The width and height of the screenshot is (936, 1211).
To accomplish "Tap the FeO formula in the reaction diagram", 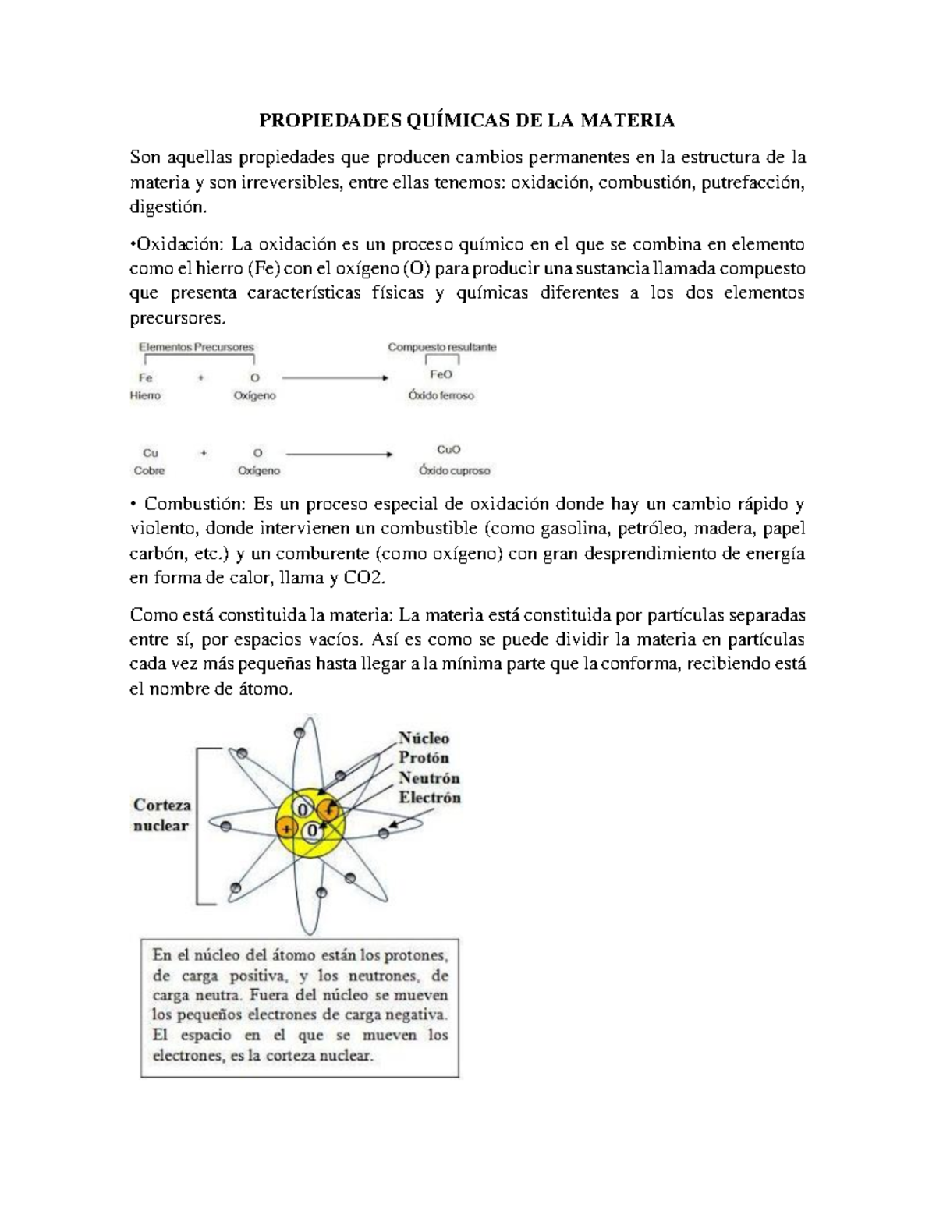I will (x=441, y=374).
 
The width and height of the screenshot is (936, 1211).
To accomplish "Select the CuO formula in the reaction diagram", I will (x=448, y=450).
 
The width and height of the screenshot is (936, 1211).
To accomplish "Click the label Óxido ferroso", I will (x=441, y=395).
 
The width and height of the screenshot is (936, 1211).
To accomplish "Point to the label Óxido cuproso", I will (x=454, y=471).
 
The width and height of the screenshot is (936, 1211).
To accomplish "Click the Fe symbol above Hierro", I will (x=146, y=377).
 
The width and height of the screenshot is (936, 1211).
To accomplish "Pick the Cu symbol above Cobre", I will (x=150, y=452).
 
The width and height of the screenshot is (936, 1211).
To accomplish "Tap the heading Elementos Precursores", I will (x=196, y=347).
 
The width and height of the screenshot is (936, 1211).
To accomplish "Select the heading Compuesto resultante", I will (x=441, y=347).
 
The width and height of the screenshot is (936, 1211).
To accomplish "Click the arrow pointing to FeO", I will (x=335, y=377).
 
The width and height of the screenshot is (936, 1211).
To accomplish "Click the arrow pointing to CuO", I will (x=339, y=453).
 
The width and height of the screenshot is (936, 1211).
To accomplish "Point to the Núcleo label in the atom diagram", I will (x=424, y=738).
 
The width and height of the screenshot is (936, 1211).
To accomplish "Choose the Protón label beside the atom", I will (x=424, y=757).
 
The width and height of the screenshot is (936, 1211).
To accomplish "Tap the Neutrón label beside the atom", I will (x=429, y=777).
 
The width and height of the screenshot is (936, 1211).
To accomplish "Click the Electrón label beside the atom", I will (x=430, y=798).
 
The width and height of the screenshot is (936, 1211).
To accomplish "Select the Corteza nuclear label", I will (x=161, y=815).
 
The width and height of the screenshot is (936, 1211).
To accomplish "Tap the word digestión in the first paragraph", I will (x=168, y=207).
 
